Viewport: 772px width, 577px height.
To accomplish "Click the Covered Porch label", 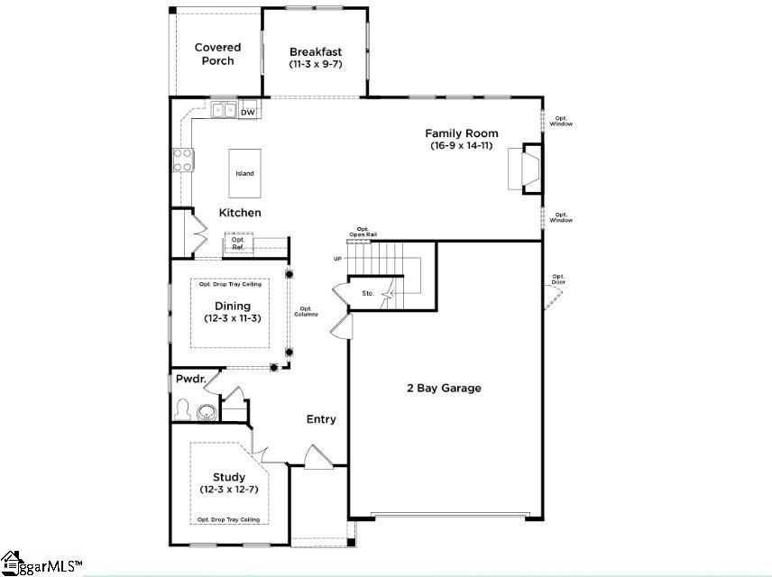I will click(217, 54).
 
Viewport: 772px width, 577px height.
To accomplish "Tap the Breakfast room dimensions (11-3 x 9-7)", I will click(313, 65).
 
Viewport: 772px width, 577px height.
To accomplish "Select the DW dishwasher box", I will click(247, 112).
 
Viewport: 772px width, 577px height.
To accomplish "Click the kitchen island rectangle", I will click(244, 173).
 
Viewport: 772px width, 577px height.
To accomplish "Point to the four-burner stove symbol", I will click(183, 160).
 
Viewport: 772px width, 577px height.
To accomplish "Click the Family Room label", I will click(462, 133).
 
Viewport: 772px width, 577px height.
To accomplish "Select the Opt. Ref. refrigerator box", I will click(239, 243).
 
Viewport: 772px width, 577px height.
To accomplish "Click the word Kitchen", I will click(240, 213).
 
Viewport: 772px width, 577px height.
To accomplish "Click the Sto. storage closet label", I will click(368, 293).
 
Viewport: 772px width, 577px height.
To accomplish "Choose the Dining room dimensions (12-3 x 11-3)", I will click(232, 318).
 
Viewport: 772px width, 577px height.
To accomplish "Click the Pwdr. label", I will click(191, 380).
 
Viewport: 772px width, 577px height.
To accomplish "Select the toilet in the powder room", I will click(183, 411).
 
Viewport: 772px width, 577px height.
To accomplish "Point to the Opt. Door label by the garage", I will click(558, 279).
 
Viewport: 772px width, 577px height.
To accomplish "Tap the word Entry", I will click(321, 419).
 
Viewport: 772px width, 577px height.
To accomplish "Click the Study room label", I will click(228, 477).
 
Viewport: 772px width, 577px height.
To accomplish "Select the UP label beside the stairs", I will click(338, 259).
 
